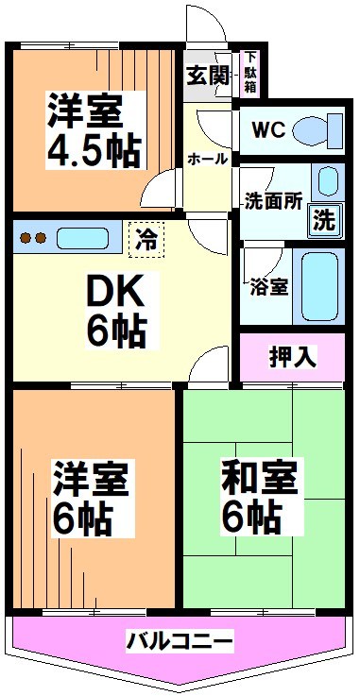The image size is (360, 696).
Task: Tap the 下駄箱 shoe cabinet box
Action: (251, 72)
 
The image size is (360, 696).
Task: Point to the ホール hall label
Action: (208, 159)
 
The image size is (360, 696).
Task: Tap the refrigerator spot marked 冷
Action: (146, 239)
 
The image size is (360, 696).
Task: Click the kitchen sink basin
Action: (84, 236)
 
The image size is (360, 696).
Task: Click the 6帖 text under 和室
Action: (250, 517)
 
